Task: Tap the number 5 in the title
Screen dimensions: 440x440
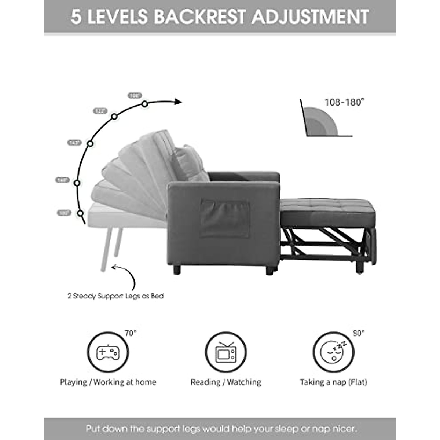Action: tap(76, 17)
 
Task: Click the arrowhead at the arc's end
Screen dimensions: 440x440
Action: tap(178, 102)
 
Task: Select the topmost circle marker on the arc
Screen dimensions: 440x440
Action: tap(145, 104)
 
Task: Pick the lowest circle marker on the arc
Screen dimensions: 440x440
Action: tap(80, 213)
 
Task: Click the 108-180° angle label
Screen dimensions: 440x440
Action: tap(344, 102)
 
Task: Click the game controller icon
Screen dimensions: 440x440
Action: tap(108, 353)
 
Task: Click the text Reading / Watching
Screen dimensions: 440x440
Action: tap(225, 382)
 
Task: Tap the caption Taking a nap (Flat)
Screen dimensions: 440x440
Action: tap(333, 382)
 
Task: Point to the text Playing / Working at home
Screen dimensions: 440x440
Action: tap(108, 382)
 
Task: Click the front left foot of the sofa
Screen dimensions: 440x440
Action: tap(178, 271)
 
